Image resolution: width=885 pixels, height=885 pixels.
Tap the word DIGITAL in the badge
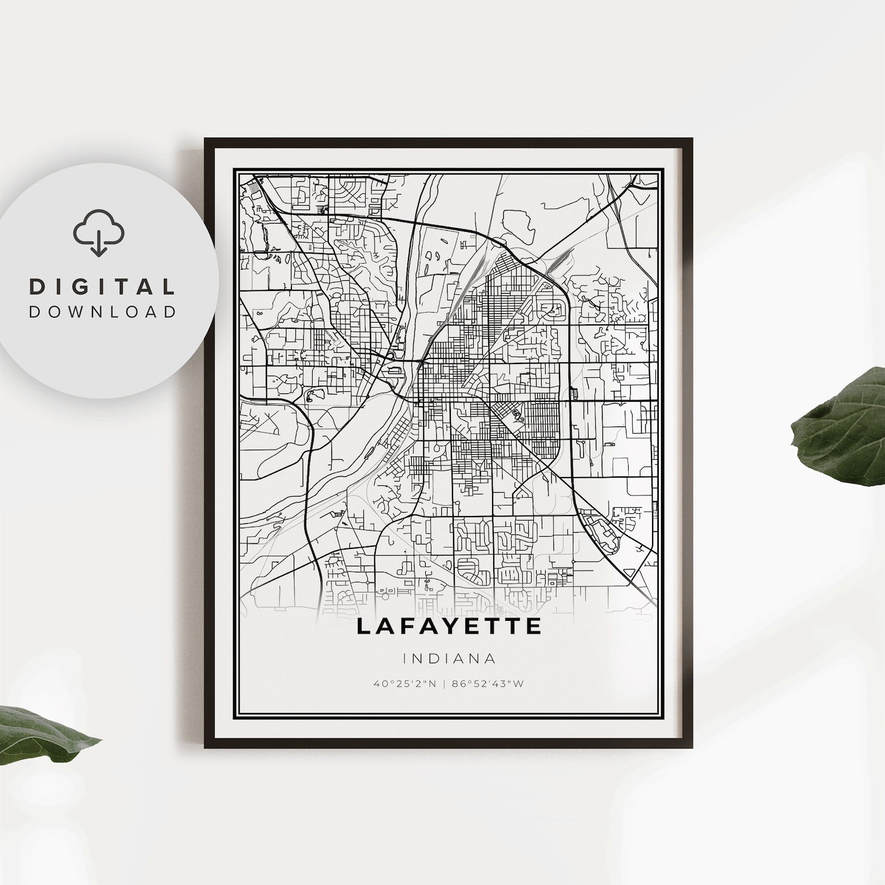103,286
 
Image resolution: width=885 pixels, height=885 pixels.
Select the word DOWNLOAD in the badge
103,312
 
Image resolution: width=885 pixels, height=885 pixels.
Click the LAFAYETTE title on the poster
449,626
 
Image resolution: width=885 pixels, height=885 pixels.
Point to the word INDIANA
449,659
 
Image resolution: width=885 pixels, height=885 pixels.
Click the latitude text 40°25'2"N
405,683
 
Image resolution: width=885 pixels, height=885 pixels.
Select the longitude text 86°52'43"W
495,683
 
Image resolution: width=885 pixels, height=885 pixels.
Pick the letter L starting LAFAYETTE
363,626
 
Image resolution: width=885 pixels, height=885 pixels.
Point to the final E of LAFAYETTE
533,626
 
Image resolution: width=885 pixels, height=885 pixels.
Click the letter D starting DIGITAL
37,286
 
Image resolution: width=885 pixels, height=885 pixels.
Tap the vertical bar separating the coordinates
449,683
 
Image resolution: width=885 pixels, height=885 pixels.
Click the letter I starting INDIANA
405,659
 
